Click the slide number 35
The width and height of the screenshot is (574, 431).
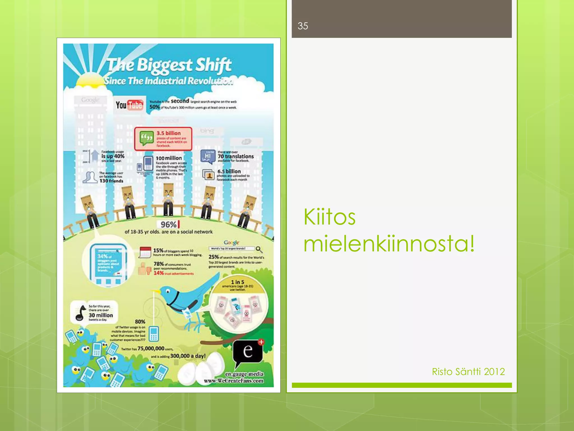click(303, 26)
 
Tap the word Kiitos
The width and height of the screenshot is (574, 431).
click(329, 217)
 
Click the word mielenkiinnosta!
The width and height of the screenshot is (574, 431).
click(389, 243)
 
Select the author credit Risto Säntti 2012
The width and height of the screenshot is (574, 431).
click(468, 372)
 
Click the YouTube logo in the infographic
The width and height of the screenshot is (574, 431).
click(129, 105)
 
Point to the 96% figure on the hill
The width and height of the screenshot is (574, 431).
click(169, 224)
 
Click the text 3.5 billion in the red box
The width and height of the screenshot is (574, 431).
click(168, 133)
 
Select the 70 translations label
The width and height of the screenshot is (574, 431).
click(236, 156)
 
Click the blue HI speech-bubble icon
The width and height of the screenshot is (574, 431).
click(207, 156)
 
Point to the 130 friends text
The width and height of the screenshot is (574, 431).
click(111, 181)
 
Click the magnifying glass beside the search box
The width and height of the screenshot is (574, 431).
click(259, 249)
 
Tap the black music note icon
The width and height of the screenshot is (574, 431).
click(81, 313)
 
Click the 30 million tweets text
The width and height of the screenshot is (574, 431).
click(101, 315)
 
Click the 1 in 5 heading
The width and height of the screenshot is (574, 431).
click(237, 282)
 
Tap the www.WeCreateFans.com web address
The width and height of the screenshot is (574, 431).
click(233, 381)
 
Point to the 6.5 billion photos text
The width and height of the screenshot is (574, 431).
click(229, 171)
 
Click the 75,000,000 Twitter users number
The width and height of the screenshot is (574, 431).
click(151, 349)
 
